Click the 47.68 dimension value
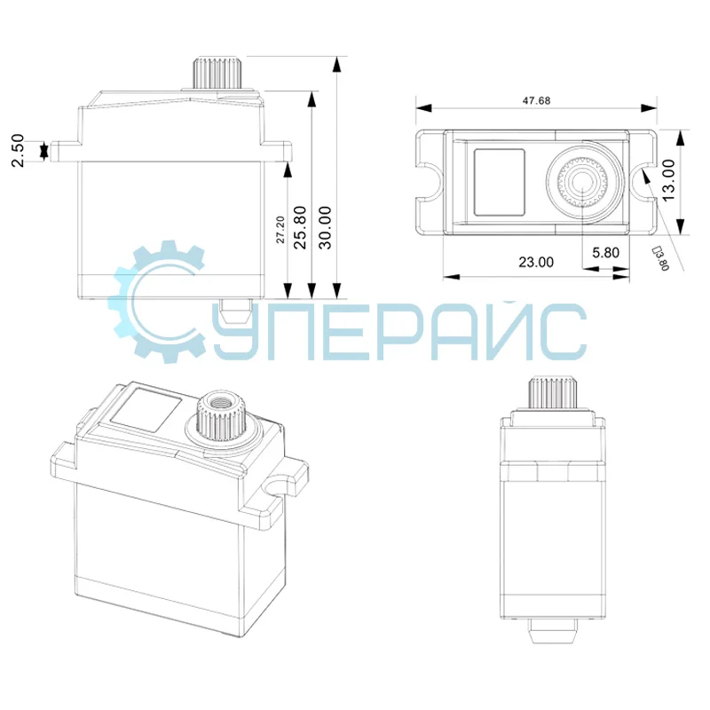(x=537, y=100)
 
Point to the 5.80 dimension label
(x=605, y=252)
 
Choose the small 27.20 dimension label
(x=280, y=230)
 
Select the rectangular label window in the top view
(x=500, y=182)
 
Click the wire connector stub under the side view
(x=235, y=311)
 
